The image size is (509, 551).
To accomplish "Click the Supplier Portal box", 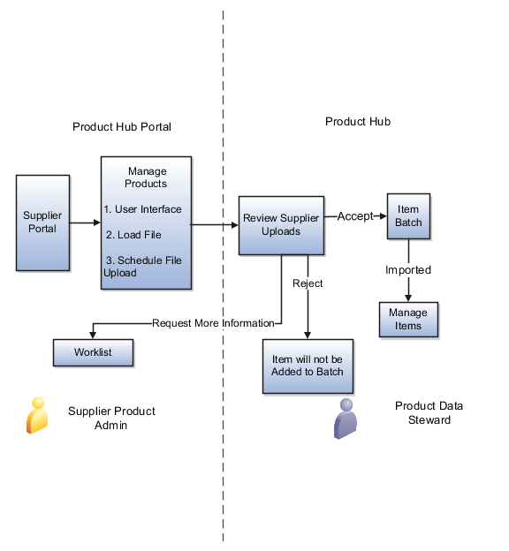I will [42, 223].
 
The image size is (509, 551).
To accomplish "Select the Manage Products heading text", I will [147, 177].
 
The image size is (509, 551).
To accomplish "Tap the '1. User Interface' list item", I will [142, 209].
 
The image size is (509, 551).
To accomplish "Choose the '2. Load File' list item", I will [133, 235].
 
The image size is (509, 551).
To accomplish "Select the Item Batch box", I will [408, 216].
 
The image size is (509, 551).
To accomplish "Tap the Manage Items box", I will [408, 319].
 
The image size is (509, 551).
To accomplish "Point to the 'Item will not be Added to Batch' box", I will [307, 365].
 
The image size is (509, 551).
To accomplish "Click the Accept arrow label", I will [355, 216].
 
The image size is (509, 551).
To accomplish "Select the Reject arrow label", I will [308, 283].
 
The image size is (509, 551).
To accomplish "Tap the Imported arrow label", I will [407, 269].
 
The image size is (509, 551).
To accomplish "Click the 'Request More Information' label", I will [213, 323].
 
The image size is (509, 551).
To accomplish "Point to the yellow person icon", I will [36, 415].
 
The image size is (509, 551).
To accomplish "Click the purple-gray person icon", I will [346, 419].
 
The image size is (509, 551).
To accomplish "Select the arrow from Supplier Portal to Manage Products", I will [85, 223].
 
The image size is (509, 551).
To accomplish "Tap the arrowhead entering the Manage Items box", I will [408, 298].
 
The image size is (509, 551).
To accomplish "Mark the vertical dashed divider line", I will [223, 442].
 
